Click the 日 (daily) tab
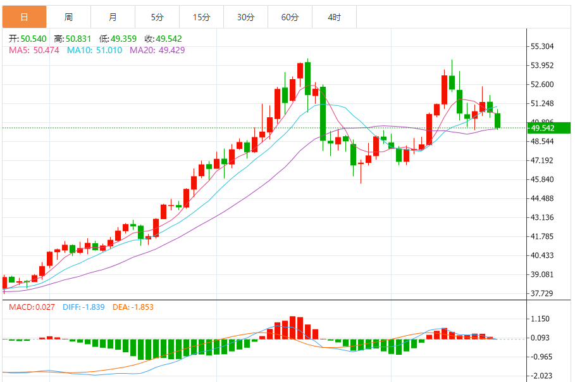click(24, 17)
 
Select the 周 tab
click(68, 17)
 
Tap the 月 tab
click(113, 17)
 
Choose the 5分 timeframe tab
click(157, 17)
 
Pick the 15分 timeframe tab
click(201, 17)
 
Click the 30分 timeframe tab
click(245, 17)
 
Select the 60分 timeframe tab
click(290, 17)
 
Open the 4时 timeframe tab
click(334, 17)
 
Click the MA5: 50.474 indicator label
click(34, 49)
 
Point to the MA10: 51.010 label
click(95, 49)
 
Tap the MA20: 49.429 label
click(158, 49)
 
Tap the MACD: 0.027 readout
click(32, 307)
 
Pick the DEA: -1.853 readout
click(133, 307)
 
